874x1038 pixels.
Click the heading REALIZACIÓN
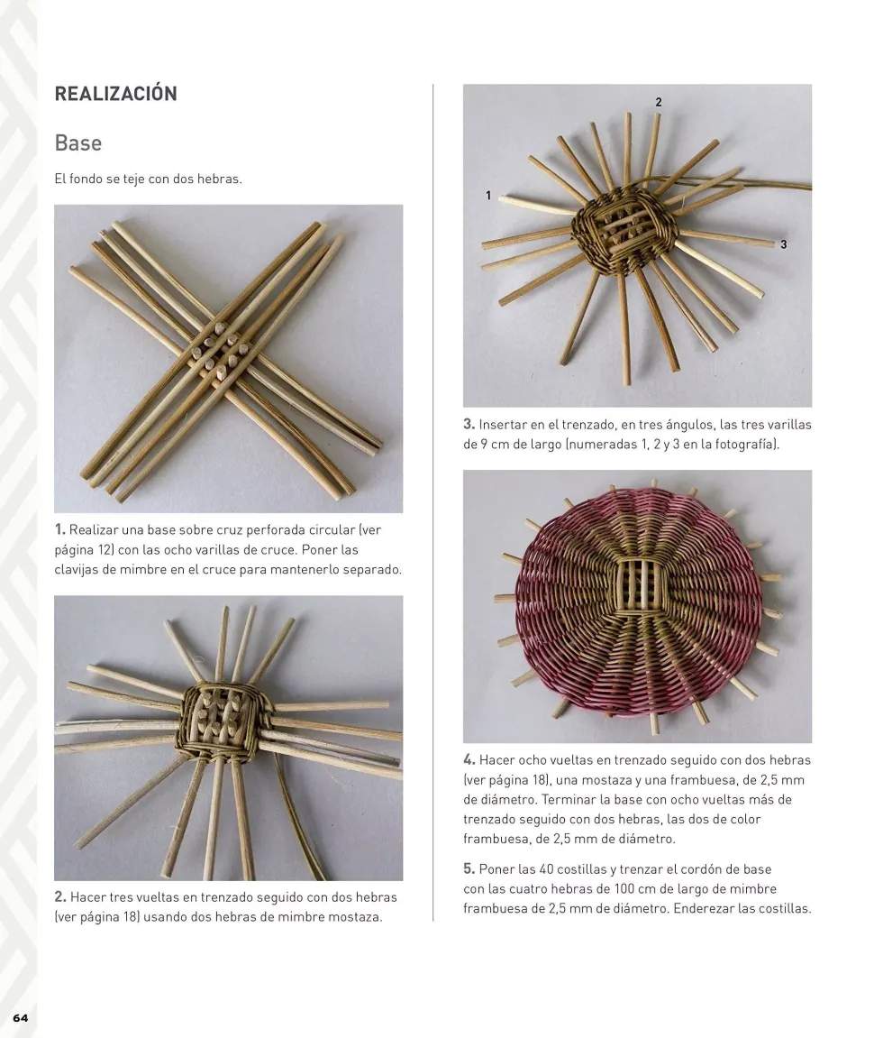(x=116, y=94)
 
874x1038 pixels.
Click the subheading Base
(x=78, y=143)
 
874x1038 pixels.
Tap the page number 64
(x=21, y=1017)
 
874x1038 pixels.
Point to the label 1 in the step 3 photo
(x=488, y=196)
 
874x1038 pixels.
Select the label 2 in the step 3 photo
(x=659, y=102)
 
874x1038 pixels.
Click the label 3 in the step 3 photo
(x=783, y=244)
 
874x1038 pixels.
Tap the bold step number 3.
(x=469, y=425)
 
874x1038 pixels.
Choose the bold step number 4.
(x=469, y=760)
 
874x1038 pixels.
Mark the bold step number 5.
(x=469, y=868)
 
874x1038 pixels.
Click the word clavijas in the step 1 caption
(x=76, y=569)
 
